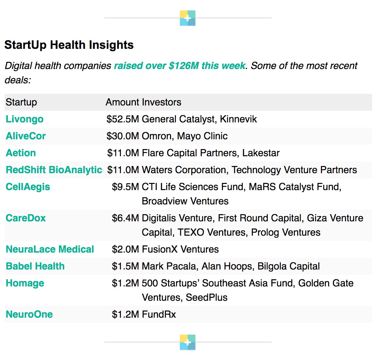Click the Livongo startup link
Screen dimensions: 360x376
point(24,119)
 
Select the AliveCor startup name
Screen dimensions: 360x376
point(26,136)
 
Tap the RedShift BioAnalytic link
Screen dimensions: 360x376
point(54,170)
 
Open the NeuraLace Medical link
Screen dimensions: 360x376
point(50,249)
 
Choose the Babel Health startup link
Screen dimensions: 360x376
point(35,266)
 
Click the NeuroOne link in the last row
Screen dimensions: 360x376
point(29,314)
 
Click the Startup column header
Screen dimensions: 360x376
point(21,102)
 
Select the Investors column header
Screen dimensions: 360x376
point(162,102)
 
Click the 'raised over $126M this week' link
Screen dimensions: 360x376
point(180,66)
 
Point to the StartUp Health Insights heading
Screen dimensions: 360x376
point(69,45)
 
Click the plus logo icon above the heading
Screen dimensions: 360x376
point(188,18)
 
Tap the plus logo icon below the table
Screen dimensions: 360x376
point(188,342)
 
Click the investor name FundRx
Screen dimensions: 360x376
point(159,314)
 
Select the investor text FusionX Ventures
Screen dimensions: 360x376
point(180,249)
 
